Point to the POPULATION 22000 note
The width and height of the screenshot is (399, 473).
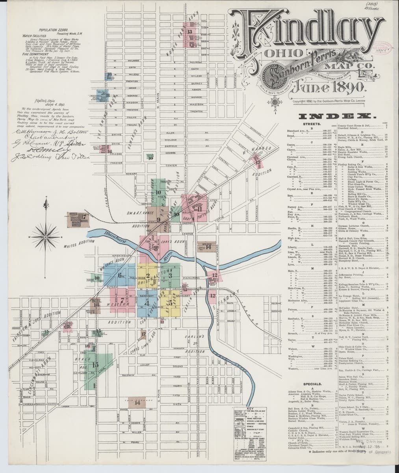(54, 30)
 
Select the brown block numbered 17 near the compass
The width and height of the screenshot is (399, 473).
(78, 217)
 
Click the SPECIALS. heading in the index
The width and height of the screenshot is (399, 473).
(313, 383)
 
